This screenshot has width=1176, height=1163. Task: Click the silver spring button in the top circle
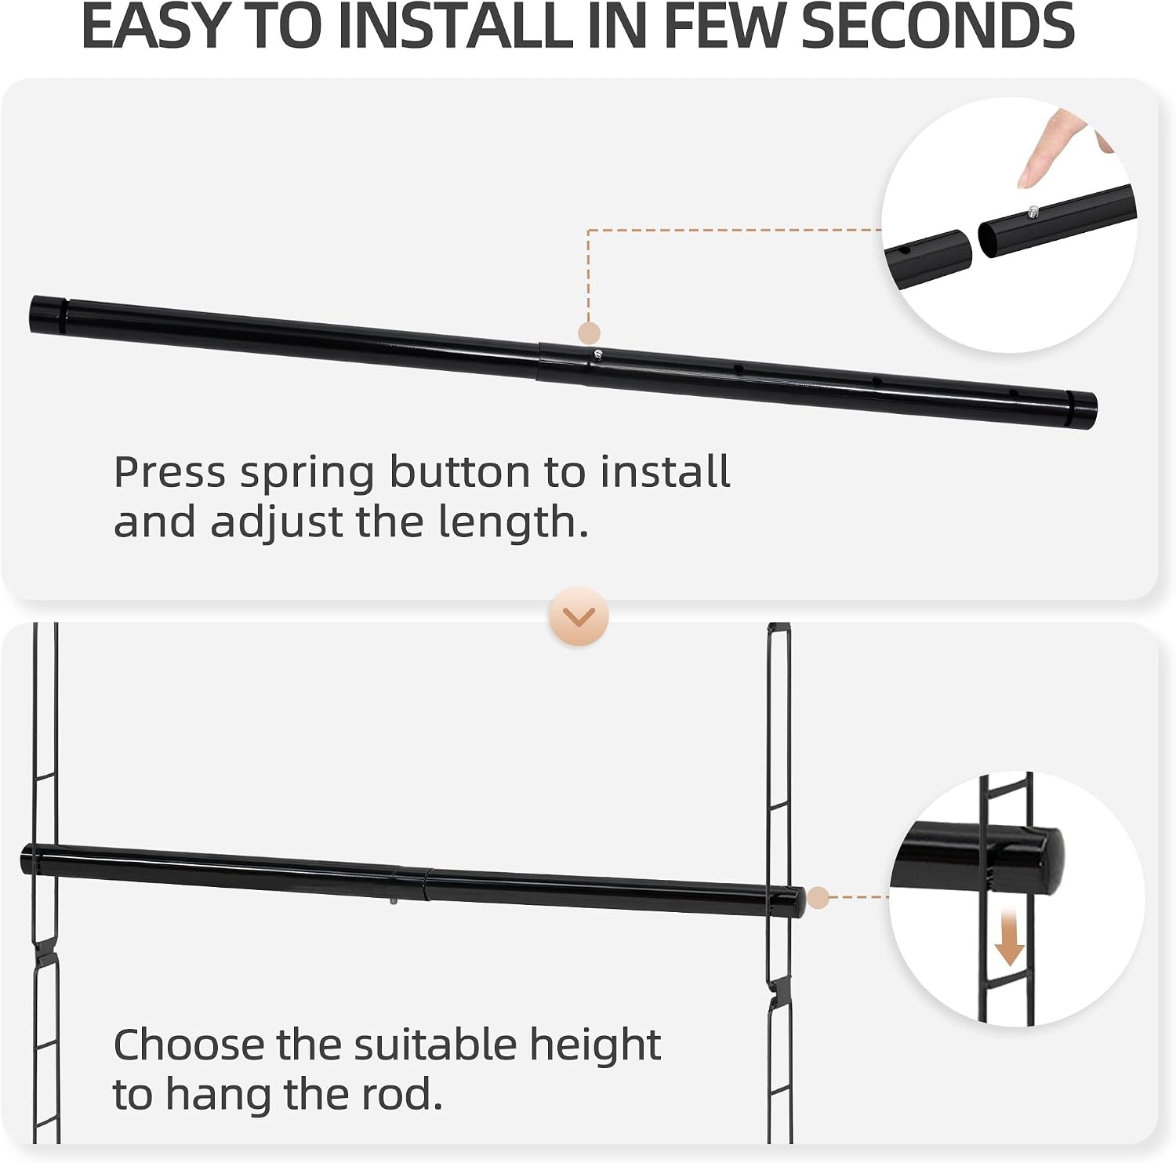pos(1034,210)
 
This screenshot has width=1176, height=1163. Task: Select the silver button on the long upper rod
pos(598,354)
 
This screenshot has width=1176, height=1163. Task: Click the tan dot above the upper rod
pos(589,333)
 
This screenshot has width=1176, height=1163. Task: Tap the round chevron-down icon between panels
pos(579,616)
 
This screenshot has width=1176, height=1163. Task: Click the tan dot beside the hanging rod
pos(818,898)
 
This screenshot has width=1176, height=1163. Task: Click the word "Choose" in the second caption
pos(188,1045)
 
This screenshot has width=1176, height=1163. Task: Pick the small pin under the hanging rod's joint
pos(390,901)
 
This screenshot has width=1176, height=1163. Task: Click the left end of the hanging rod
pos(26,860)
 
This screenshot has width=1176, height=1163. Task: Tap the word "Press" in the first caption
pos(170,472)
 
